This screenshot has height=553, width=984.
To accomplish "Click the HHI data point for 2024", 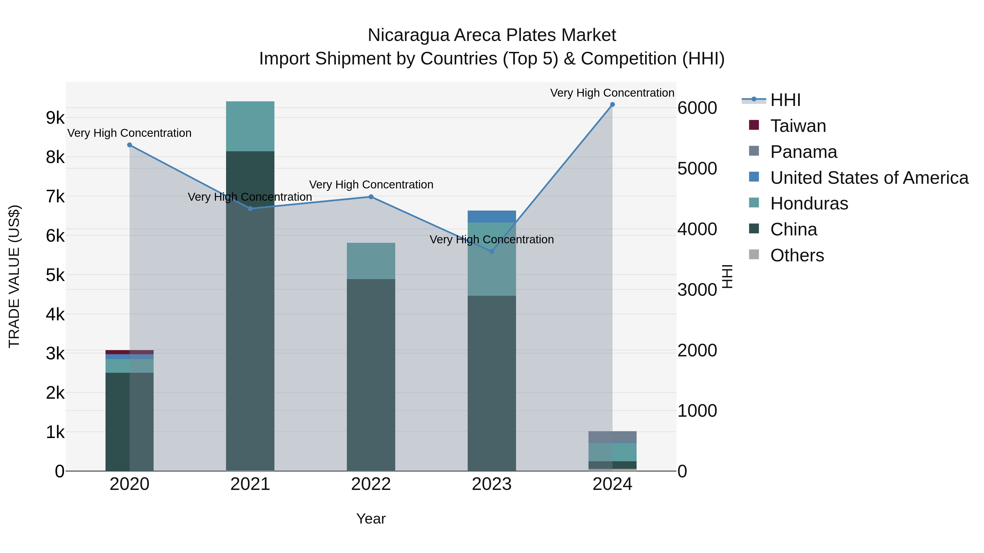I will point(612,105).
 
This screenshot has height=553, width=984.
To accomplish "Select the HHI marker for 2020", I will point(130,145).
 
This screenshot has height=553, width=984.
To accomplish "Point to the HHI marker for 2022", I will point(371,197).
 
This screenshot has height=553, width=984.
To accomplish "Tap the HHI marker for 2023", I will point(492,252).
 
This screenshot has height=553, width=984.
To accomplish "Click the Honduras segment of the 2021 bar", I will point(250,126).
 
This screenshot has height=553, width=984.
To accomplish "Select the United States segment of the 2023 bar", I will point(492,216).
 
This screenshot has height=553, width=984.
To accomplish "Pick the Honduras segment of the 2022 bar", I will point(371,261).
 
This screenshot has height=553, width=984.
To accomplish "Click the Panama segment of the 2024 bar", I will point(612,437).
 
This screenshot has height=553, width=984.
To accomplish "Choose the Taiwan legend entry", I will point(798,126).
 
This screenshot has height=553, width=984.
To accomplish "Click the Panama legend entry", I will point(803,152).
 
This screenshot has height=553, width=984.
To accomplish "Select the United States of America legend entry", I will point(869,178).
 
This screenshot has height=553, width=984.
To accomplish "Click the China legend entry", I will point(793,229).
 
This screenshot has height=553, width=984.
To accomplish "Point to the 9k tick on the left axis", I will point(55,118).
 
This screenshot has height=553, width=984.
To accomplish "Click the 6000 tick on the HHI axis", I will point(697,108).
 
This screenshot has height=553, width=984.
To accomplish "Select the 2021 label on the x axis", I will point(250,484).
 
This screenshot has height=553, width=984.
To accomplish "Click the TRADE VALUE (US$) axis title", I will point(14,276).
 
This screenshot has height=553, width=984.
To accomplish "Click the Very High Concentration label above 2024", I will point(612,93).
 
